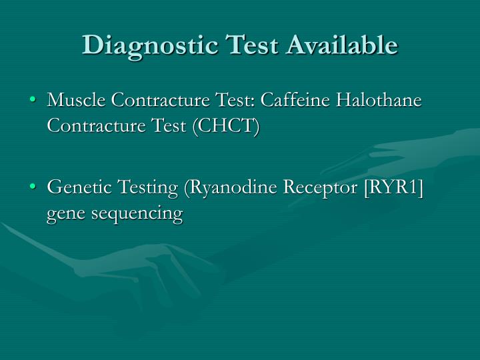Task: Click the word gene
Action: pyautogui.click(x=65, y=215)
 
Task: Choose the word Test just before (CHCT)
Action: pyautogui.click(x=166, y=125)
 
